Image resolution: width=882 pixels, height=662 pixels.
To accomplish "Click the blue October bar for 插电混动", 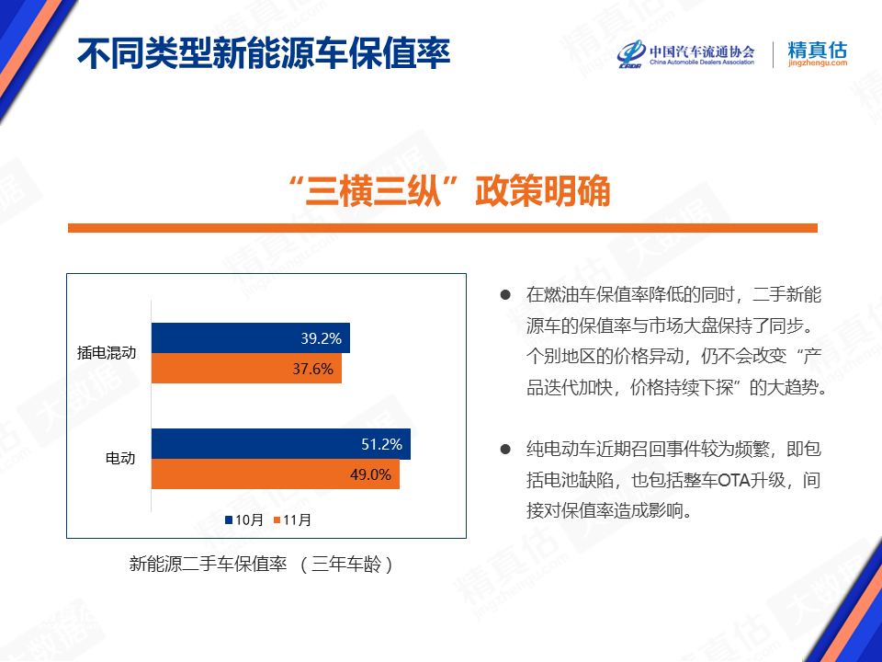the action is click(x=251, y=337).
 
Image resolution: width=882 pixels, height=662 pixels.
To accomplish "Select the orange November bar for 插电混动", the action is click(x=246, y=368).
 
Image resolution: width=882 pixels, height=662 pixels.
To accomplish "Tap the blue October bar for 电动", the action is click(x=281, y=444).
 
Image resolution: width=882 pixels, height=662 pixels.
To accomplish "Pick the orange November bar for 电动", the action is click(x=276, y=474).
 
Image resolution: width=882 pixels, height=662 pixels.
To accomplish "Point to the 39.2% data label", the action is click(x=322, y=338).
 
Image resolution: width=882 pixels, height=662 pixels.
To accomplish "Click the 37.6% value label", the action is click(x=312, y=369).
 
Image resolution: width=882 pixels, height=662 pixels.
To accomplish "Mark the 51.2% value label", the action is click(x=382, y=445).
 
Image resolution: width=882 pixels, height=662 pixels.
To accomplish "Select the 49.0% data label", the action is click(x=370, y=474).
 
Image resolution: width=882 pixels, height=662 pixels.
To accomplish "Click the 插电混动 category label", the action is click(x=107, y=352).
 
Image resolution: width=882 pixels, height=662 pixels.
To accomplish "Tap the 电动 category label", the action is click(x=120, y=458).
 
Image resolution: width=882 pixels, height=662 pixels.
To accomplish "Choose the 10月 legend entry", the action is click(x=244, y=519).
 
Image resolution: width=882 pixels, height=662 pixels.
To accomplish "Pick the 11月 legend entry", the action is click(x=292, y=519).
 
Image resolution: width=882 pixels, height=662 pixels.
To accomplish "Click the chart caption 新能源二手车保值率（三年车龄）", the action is click(x=261, y=564).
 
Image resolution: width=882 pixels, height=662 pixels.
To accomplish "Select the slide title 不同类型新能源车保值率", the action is click(x=264, y=53).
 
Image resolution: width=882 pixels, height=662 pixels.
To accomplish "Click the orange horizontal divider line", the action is click(x=443, y=228).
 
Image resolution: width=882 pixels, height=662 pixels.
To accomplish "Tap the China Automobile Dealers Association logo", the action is click(x=685, y=54).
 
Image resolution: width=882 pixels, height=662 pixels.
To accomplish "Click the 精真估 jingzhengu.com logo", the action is click(x=818, y=54).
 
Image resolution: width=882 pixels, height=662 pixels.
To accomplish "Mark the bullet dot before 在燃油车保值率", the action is click(x=505, y=294).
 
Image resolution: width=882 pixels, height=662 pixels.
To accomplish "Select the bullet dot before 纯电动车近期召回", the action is click(x=505, y=450).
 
